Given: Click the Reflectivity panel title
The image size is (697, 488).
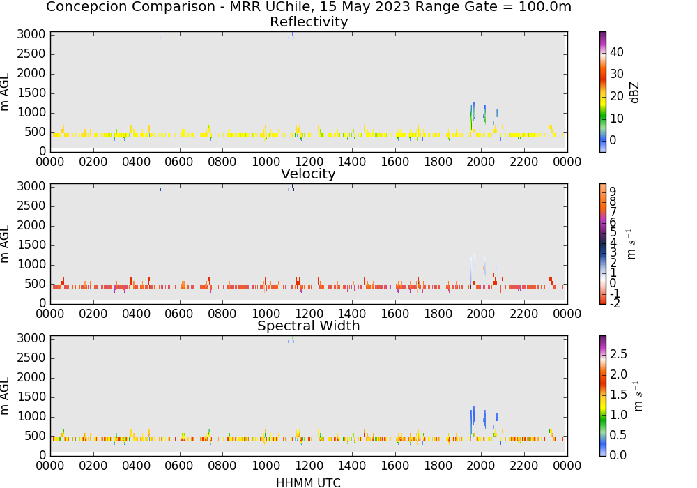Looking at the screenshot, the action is tap(309, 22).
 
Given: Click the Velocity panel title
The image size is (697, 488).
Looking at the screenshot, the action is tap(308, 174).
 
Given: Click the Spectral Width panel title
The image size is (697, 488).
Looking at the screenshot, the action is tap(309, 326).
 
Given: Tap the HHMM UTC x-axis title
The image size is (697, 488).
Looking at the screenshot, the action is tap(308, 482).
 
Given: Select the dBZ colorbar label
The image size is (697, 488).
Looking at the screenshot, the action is tap(634, 93).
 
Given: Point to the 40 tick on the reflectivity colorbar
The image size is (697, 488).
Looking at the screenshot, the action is tap(617, 52).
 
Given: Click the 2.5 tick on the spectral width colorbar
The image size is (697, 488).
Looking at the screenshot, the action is tap(618, 354).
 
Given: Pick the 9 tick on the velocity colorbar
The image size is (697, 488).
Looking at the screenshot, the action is tap(613, 192).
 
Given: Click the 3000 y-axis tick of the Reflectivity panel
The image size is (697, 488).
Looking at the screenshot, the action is tap(31, 35).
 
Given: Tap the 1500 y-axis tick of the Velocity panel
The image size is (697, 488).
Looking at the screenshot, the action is tap(31, 245).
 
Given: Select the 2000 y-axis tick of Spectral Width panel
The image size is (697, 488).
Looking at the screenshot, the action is tap(31, 377).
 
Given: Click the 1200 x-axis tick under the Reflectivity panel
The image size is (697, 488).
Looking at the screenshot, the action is tap(309, 161).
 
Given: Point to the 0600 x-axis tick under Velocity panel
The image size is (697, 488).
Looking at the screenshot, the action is tap(179, 313).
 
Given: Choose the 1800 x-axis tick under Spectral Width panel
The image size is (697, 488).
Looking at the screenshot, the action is tap(438, 465).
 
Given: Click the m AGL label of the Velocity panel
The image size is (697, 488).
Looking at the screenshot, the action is tap(5, 244).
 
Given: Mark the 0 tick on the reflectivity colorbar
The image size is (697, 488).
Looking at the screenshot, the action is tap(613, 140).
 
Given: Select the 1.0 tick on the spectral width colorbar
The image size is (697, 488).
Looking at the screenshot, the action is tap(618, 415).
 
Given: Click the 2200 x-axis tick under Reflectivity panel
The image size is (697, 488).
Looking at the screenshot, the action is tap(524, 161).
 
